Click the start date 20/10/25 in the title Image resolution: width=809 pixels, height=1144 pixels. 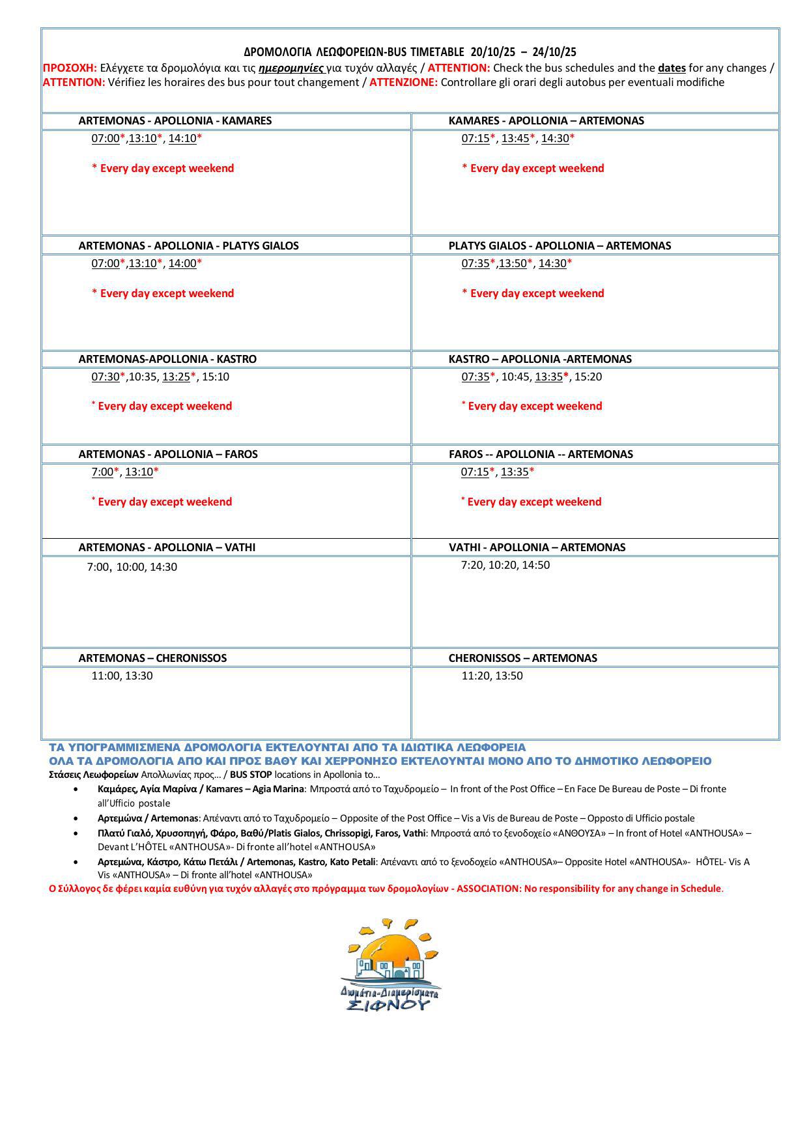(492, 52)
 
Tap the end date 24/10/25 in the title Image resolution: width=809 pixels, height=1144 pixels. (554, 52)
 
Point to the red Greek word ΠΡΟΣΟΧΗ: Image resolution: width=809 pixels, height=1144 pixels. (70, 68)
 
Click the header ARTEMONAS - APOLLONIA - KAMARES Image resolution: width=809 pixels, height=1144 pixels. (175, 121)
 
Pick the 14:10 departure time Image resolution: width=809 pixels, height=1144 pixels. (182, 138)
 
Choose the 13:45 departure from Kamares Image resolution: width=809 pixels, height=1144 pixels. (515, 138)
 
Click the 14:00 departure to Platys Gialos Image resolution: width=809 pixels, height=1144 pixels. (182, 263)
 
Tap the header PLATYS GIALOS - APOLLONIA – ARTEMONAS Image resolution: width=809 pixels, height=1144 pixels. (560, 246)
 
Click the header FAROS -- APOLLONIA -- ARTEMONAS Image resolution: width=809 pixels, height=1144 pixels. (541, 454)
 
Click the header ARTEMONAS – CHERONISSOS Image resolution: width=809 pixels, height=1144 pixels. (152, 658)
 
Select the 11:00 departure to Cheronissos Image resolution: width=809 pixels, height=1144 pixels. (105, 676)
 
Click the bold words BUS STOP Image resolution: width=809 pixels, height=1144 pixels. (251, 775)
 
